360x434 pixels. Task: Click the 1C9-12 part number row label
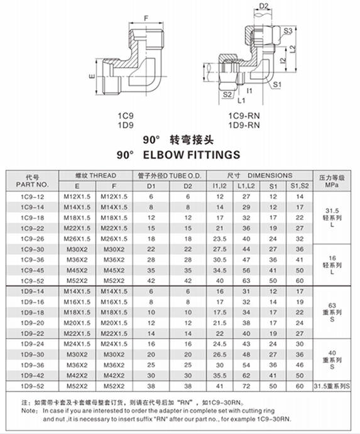[33, 197]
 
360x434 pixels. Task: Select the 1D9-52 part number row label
[33, 384]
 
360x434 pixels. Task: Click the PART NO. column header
[33, 185]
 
